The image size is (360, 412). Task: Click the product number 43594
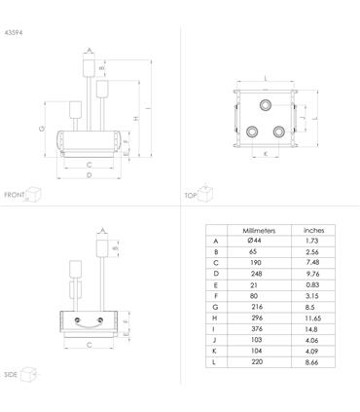(14, 32)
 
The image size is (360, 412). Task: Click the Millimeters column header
(259, 231)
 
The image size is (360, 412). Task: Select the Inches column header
(313, 230)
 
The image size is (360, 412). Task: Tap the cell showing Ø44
(254, 241)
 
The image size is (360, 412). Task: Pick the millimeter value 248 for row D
(257, 274)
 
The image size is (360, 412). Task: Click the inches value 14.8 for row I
(311, 329)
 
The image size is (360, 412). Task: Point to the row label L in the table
(214, 362)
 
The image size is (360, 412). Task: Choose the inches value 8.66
(311, 362)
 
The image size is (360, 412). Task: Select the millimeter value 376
(257, 328)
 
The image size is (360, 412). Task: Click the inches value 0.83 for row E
(312, 284)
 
